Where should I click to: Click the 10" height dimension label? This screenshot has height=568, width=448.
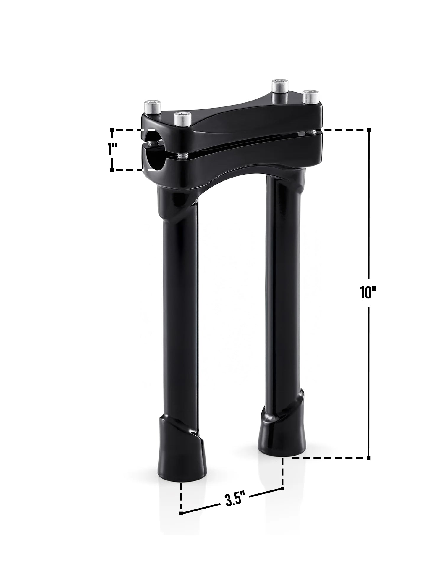(368, 293)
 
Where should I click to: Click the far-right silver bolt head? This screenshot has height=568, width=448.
(310, 95)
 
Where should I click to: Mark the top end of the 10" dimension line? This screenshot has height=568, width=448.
(368, 130)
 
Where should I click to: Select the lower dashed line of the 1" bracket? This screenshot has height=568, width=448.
(133, 170)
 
